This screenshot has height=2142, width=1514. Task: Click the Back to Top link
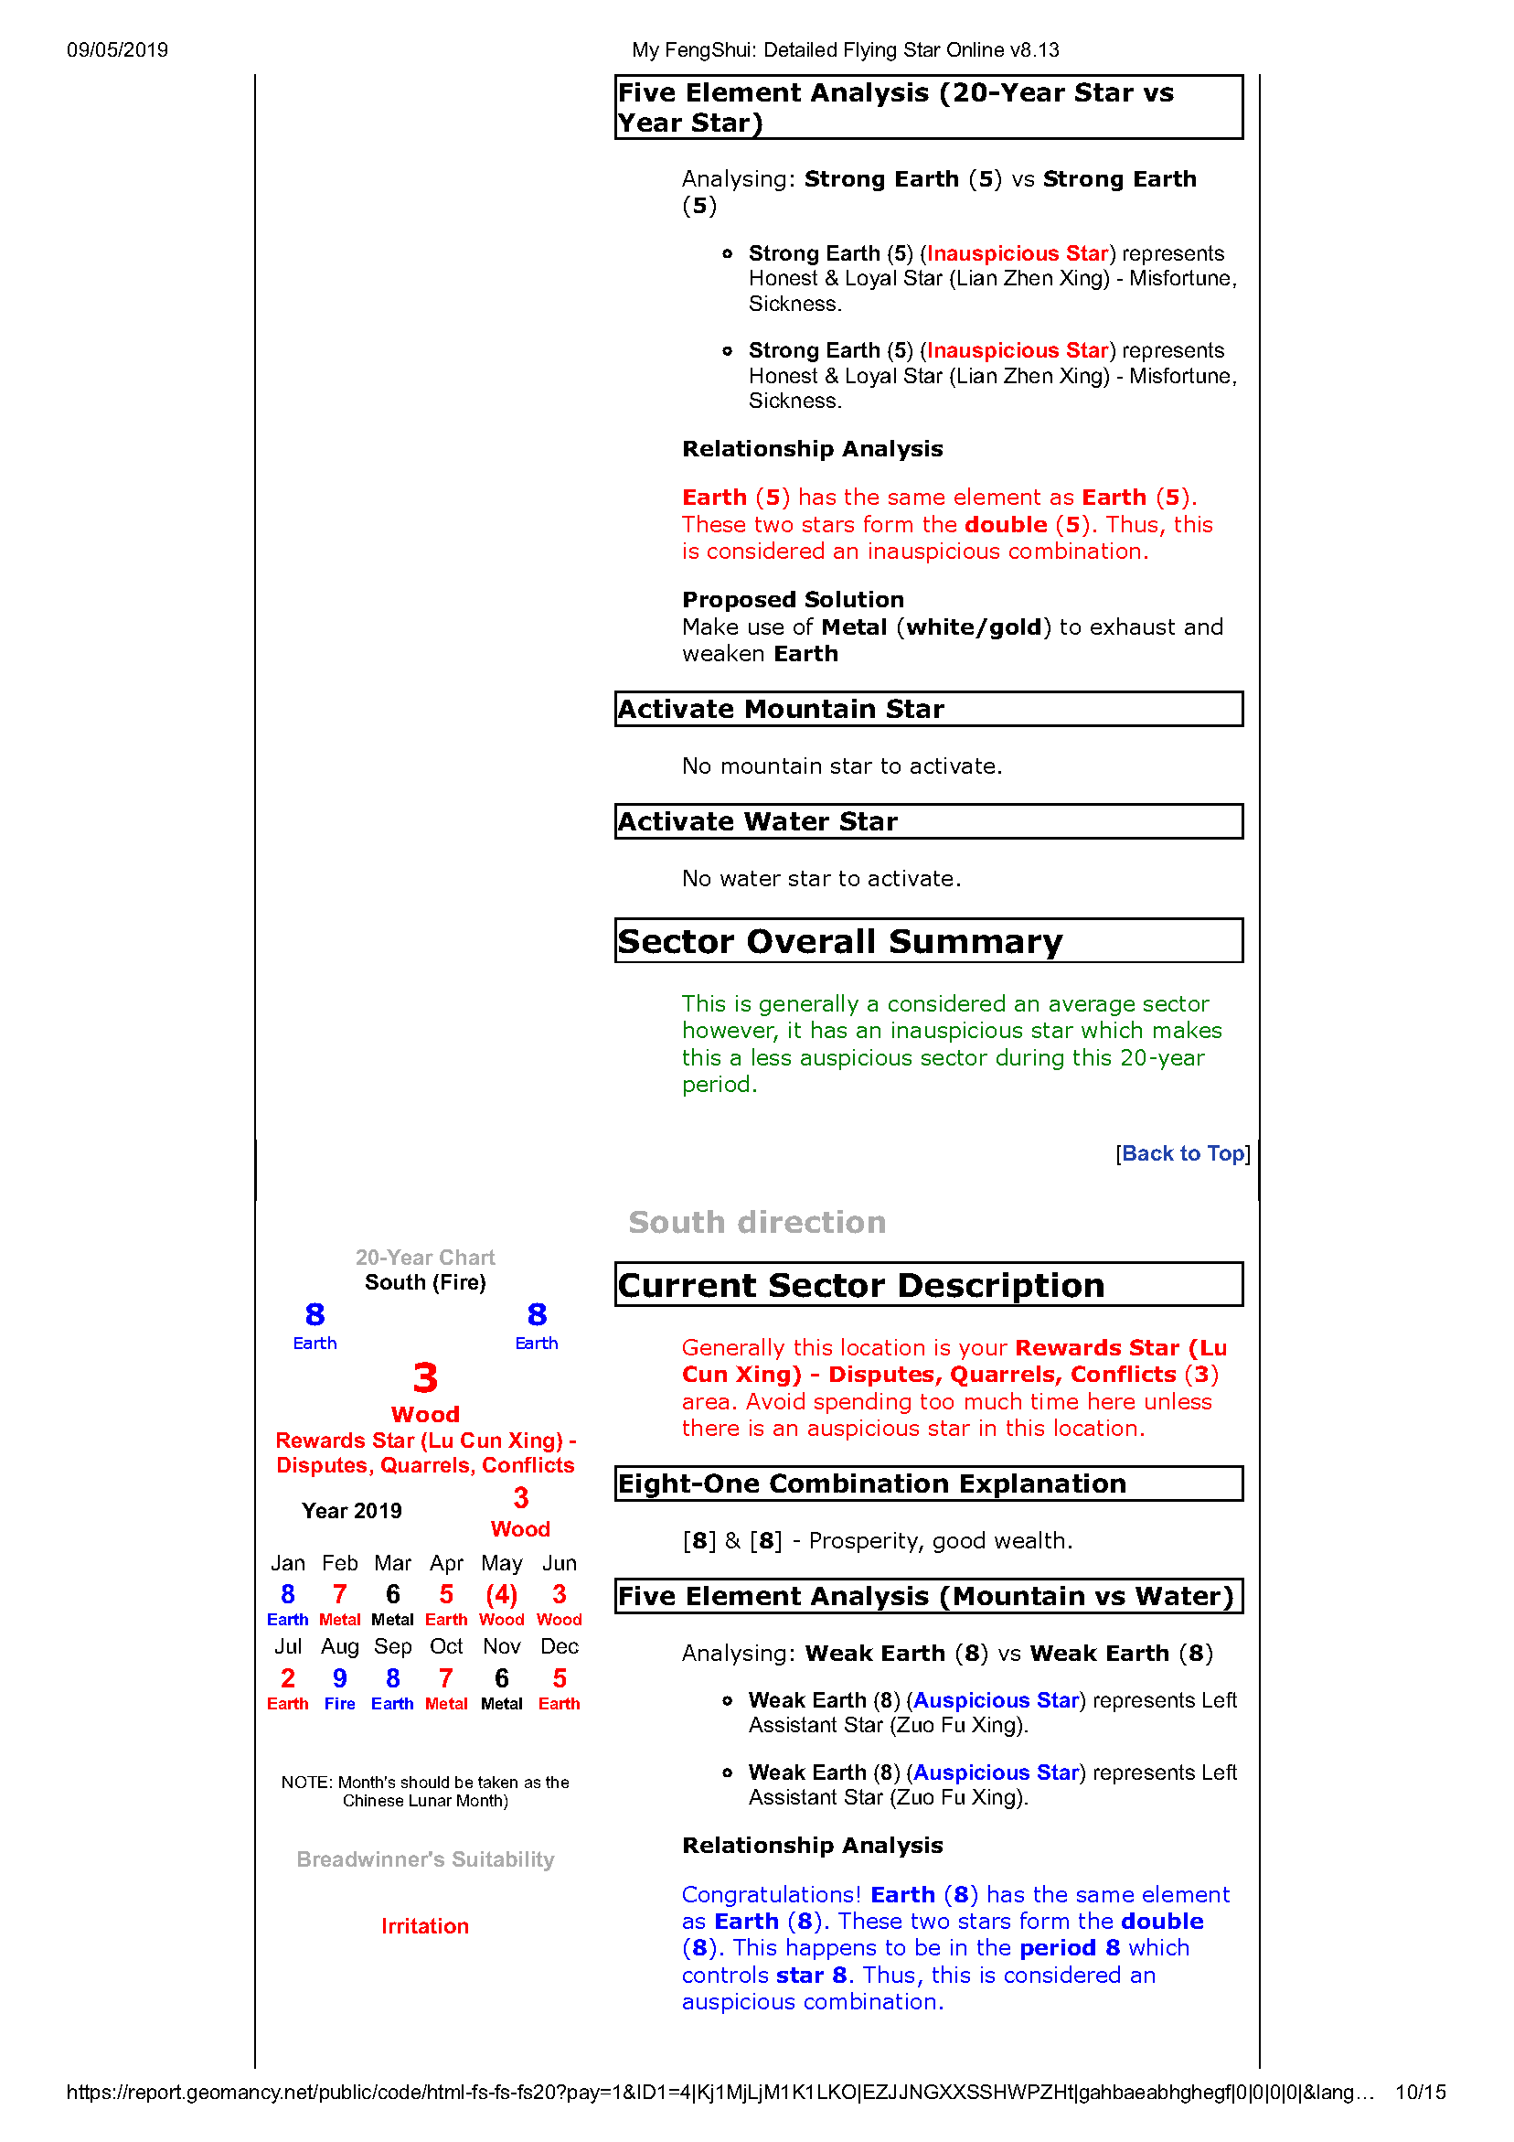click(1182, 1154)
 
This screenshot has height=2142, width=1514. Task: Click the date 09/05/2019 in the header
click(118, 50)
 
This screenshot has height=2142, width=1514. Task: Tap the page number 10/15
click(1420, 2093)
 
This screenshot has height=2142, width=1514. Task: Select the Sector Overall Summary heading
click(839, 941)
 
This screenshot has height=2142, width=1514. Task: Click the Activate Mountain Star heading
click(781, 709)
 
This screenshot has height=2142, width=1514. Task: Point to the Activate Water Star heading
click(758, 821)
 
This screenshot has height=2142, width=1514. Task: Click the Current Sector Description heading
click(861, 1286)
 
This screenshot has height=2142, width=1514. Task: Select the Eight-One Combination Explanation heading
click(872, 1483)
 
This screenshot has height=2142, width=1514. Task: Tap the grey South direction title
click(756, 1222)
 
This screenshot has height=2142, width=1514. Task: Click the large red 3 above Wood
click(425, 1378)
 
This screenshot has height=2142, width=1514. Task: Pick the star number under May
click(502, 1595)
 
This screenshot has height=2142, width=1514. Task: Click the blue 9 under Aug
click(339, 1678)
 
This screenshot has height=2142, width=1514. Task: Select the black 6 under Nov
click(502, 1678)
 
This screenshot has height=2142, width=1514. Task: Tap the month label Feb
click(339, 1563)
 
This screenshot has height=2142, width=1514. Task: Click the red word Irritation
click(425, 1926)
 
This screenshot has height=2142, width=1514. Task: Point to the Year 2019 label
click(352, 1511)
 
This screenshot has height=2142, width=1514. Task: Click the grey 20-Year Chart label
click(425, 1258)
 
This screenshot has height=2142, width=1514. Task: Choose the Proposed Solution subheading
click(793, 600)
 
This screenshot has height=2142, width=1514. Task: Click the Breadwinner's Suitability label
click(425, 1859)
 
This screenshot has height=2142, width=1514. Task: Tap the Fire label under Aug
click(339, 1704)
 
